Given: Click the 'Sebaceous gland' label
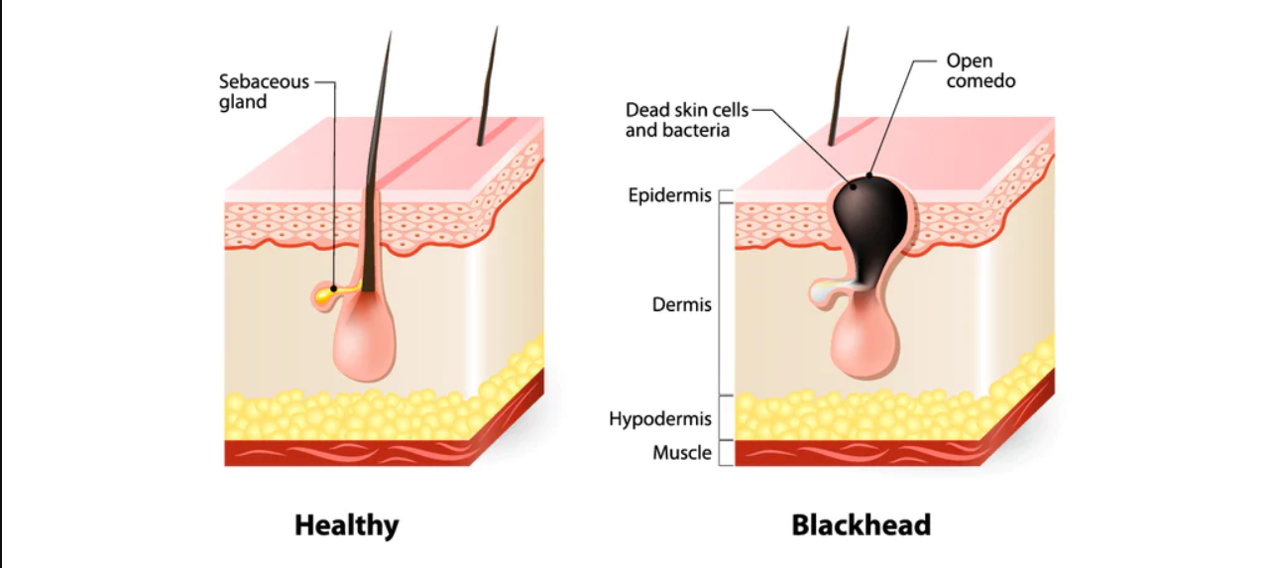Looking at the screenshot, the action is [264, 91].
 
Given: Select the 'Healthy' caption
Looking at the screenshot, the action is [346, 526].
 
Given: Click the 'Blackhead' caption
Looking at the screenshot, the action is [861, 525].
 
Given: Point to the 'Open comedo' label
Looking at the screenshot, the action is [980, 70].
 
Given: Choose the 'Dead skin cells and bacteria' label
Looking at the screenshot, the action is [687, 120].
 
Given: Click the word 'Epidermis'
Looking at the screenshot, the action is [669, 195].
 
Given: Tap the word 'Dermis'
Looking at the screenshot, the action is [681, 305].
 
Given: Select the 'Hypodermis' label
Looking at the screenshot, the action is [660, 419].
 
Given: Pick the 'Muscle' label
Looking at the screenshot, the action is [682, 453].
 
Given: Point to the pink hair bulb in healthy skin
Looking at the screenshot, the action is [365, 339].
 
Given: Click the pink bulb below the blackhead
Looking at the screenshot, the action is [865, 342].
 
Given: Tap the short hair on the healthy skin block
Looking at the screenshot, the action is [487, 86].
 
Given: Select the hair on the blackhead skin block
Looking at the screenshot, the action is [839, 86].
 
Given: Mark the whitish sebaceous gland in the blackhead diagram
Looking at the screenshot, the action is [828, 292].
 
